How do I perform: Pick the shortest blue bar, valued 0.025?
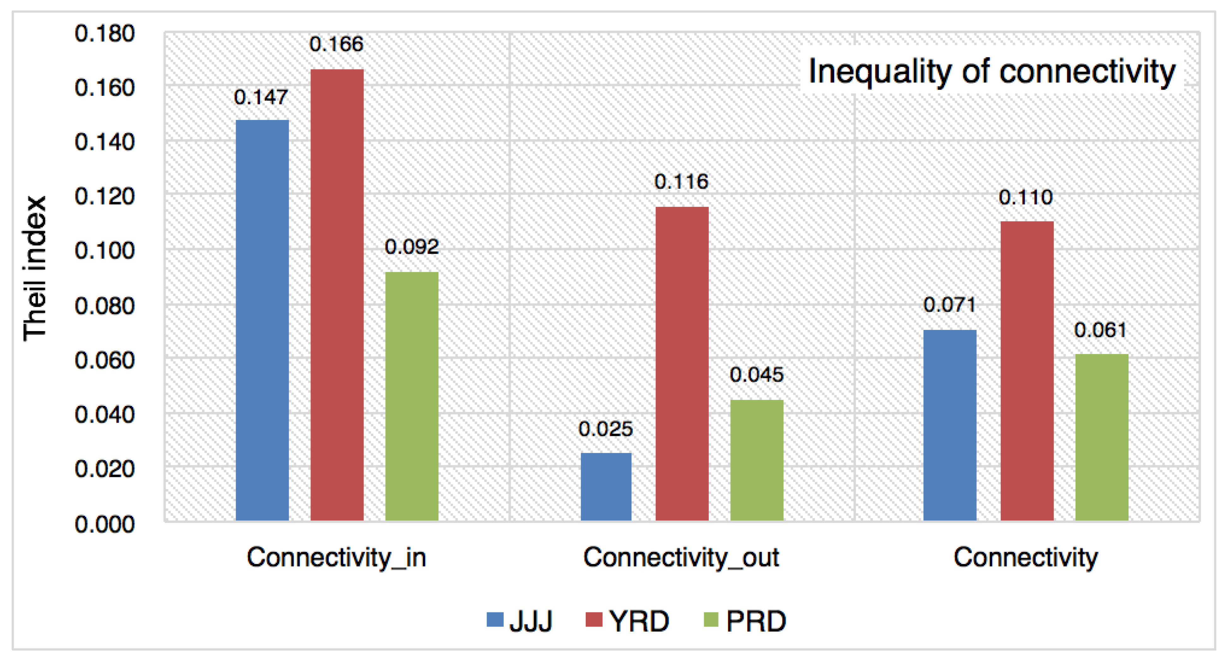click(606, 486)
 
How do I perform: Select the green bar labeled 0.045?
click(756, 460)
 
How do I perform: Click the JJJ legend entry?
click(520, 621)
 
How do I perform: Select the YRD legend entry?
click(628, 621)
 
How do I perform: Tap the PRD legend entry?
click(745, 621)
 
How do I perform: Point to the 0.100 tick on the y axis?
click(104, 250)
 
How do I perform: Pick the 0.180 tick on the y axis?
click(104, 33)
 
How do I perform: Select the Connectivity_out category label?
click(681, 557)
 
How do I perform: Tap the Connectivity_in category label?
click(336, 557)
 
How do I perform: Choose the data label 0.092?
click(412, 247)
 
